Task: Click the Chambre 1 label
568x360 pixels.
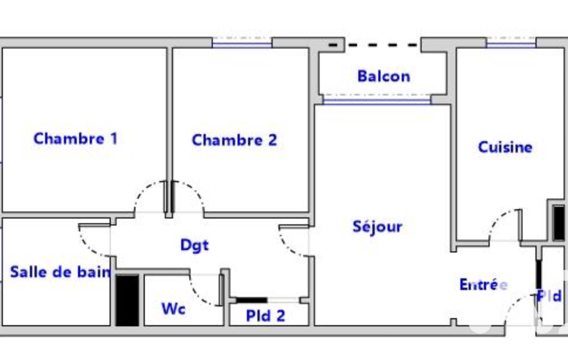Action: pos(75,138)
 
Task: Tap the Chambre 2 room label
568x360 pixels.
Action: pos(234,140)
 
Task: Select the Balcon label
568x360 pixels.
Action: pos(383,76)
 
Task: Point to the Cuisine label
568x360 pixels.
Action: pos(505,147)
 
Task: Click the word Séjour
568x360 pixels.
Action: pos(377,227)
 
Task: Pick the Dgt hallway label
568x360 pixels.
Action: pos(195,245)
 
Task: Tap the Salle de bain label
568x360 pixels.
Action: pos(60,271)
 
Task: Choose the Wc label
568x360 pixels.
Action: pos(173,308)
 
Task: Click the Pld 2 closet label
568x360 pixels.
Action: pos(265,316)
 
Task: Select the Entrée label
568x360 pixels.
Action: pos(483,285)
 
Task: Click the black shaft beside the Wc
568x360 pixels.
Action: pos(127,300)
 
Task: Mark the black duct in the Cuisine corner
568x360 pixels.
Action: pos(559,223)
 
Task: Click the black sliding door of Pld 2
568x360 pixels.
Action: pos(252,300)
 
